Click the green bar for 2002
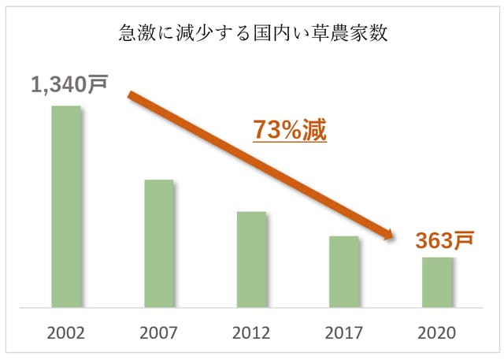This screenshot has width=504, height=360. pyautogui.click(x=66, y=206)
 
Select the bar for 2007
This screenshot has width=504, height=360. pyautogui.click(x=159, y=243)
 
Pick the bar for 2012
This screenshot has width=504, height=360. pyautogui.click(x=252, y=259)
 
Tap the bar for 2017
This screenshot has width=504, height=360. pyautogui.click(x=344, y=272)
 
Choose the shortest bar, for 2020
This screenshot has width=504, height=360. pyautogui.click(x=437, y=282)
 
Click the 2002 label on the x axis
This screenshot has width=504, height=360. pyautogui.click(x=66, y=332)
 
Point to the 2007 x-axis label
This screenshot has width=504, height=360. pyautogui.click(x=159, y=332)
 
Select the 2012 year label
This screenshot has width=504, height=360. pyautogui.click(x=252, y=332)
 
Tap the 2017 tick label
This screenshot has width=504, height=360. pyautogui.click(x=344, y=332)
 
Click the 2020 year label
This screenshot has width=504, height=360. pyautogui.click(x=437, y=332)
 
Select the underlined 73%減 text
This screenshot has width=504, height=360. pyautogui.click(x=289, y=130)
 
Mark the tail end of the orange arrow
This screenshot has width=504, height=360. pyautogui.click(x=131, y=95)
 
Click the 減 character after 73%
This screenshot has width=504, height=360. pyautogui.click(x=315, y=130)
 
